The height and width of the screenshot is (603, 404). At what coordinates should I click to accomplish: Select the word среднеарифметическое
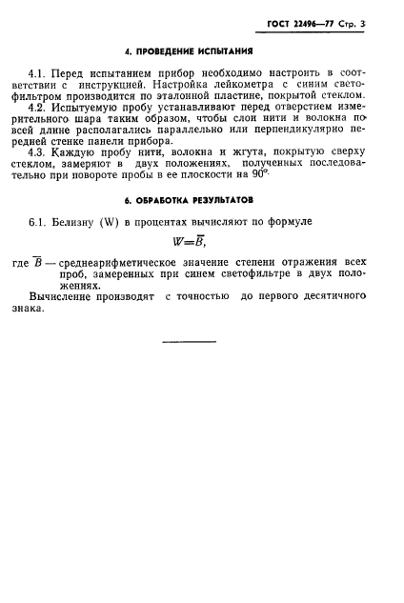(x=124, y=262)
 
